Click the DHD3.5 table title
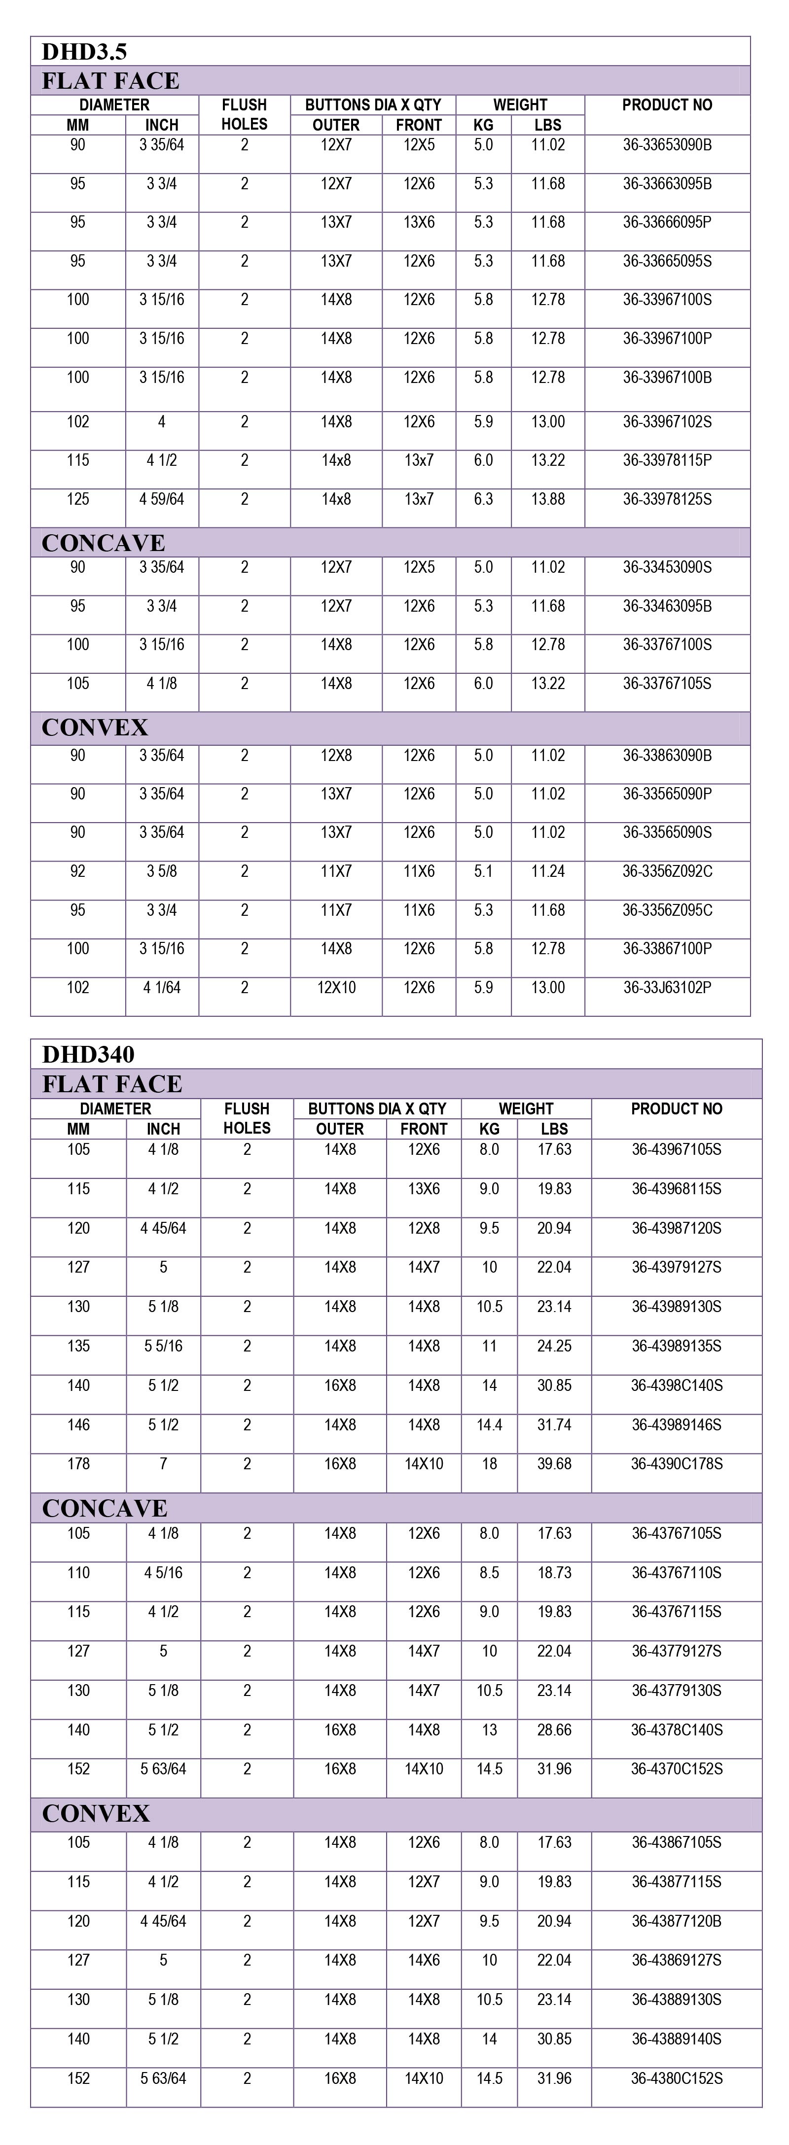point(84,52)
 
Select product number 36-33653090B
point(667,145)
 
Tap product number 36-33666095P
point(667,222)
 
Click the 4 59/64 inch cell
point(162,500)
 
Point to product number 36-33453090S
point(667,568)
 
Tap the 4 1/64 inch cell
point(162,988)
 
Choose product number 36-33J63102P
point(667,988)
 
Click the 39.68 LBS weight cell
point(554,1464)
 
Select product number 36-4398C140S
point(677,1385)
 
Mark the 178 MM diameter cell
point(78,1464)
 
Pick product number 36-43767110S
point(677,1573)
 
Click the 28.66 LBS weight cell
point(554,1730)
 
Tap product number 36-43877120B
point(677,1921)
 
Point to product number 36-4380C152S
point(677,2078)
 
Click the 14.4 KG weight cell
point(489,1425)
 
